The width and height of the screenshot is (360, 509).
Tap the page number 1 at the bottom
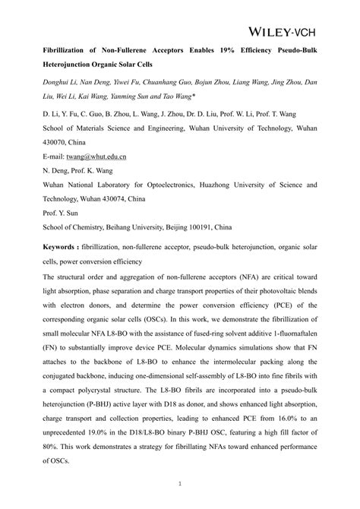click(179, 482)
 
